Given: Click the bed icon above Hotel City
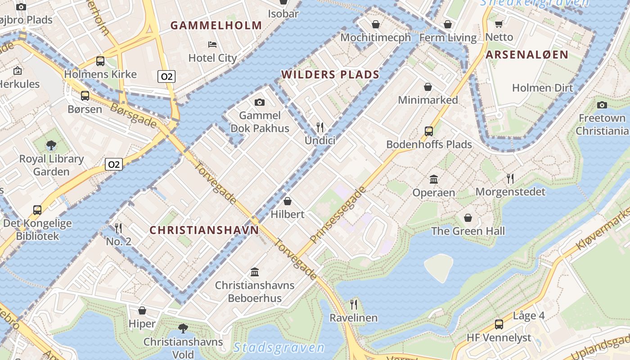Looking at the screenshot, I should coord(212,44).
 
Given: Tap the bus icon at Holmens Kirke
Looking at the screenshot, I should coord(100,61).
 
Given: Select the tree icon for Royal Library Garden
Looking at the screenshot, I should coord(51,145).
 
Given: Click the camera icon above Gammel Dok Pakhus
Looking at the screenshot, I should coord(260,103).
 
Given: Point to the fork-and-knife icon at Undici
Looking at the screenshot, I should coord(320,127).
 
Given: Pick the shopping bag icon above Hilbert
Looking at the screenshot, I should coord(288,201).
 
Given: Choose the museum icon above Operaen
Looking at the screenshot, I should coord(434,180).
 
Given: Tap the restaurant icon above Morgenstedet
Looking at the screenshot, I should coord(510,179).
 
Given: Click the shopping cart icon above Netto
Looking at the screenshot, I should coord(499,24).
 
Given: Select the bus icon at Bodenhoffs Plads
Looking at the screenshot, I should coord(429,131).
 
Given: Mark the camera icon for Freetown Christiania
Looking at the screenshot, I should coord(602,105).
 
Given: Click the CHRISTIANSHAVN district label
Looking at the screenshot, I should coord(204,230).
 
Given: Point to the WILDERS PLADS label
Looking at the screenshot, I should coord(330,75).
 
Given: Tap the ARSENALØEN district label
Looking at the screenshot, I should coord(527,55).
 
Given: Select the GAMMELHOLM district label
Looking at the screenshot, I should coord(216,26).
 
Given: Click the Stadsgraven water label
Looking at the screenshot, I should coord(279,347).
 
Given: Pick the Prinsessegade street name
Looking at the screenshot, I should coord(338,214).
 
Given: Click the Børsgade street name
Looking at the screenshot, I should coord(134,115).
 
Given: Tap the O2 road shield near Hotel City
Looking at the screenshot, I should coord(166,76).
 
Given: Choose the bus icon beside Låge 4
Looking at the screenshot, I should coord(499,324).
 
